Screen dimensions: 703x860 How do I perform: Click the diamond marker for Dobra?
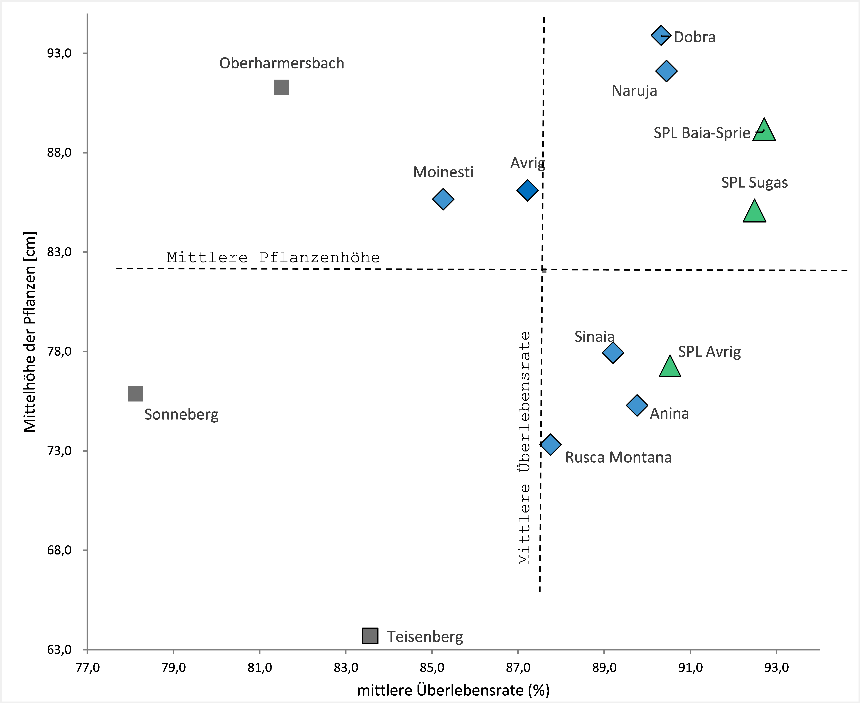pos(661,35)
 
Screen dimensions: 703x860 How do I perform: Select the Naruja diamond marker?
pos(666,71)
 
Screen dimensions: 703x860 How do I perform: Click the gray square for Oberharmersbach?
pos(282,87)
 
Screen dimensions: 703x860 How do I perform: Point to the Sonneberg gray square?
pos(135,394)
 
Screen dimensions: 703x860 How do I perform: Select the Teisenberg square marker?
pos(370,636)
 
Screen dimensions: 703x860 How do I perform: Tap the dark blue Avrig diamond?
pos(527,190)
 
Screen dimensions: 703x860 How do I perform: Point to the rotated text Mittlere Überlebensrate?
pos(525,447)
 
